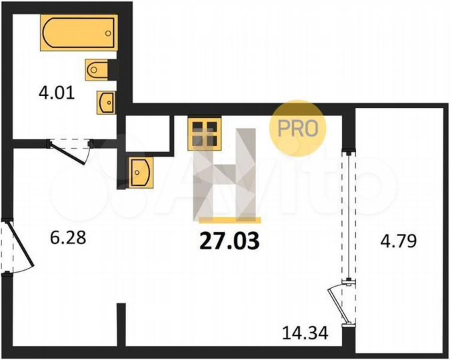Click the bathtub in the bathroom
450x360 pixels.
[x=79, y=33]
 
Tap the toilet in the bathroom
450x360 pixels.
[x=99, y=69]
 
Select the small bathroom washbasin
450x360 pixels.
[x=105, y=101]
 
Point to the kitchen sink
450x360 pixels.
[x=139, y=173]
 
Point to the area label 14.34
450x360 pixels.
[x=305, y=332]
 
